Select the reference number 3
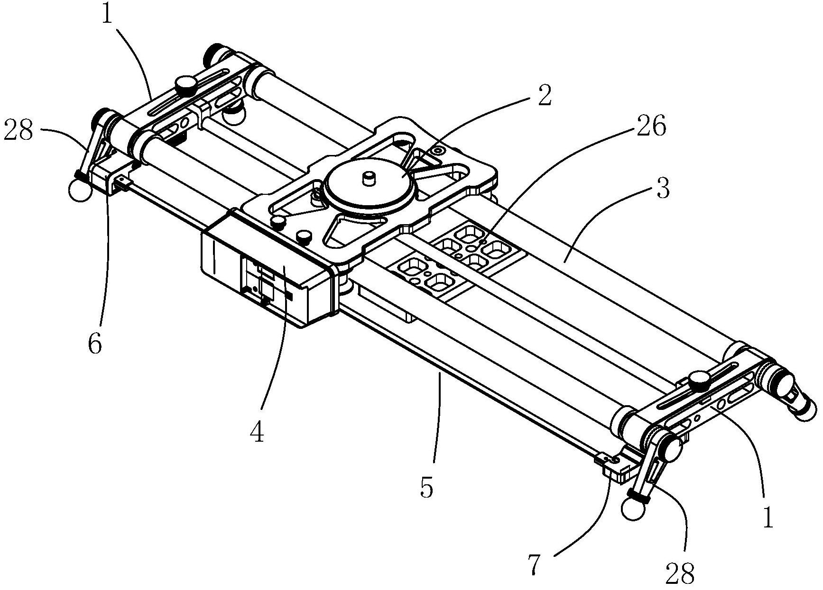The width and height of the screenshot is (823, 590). click(663, 188)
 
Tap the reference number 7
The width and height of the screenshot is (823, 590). click(534, 564)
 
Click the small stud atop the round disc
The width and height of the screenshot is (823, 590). click(369, 178)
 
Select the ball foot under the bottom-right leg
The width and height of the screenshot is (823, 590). click(632, 510)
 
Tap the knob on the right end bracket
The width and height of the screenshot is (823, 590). click(698, 380)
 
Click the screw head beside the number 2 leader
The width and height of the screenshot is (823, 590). click(437, 151)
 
